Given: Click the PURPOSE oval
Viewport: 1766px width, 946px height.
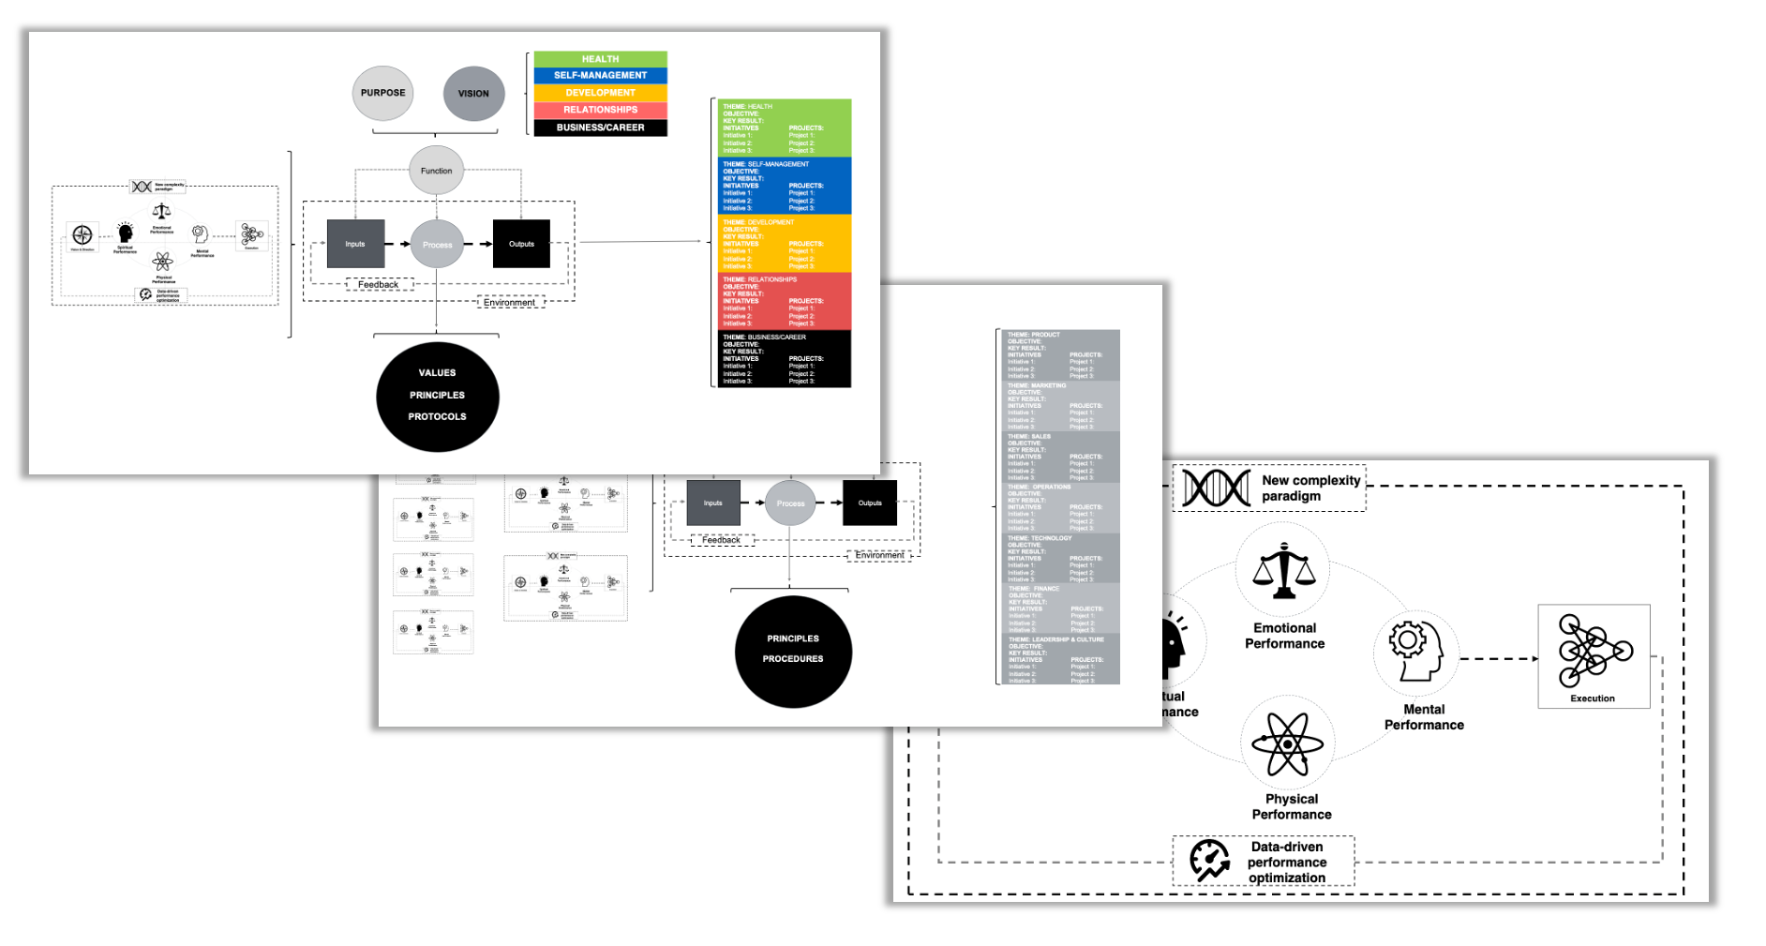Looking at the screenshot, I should tap(382, 93).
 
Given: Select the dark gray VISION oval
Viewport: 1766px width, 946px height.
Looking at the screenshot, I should tap(473, 93).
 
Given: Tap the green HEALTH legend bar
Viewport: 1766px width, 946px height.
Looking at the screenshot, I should tap(600, 59).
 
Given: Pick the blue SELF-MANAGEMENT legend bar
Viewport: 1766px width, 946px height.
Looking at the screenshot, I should tap(600, 75).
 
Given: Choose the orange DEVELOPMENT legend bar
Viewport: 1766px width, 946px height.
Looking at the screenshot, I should tap(600, 93).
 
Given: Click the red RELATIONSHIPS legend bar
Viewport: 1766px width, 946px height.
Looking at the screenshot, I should tap(600, 110).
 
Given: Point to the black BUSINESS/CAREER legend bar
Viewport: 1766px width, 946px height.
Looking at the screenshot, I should tap(600, 128).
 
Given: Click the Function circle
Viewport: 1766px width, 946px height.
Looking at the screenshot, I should tap(436, 171).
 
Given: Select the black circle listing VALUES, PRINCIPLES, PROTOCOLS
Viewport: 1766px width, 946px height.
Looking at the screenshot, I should tap(437, 396).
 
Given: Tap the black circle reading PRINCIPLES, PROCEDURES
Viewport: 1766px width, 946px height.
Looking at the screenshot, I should tap(793, 651).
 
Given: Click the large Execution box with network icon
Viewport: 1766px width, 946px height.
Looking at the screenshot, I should tap(1594, 655).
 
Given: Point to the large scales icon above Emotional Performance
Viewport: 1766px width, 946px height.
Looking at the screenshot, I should tap(1283, 571).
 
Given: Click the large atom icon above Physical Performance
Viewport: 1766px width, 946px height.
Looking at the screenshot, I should tap(1288, 743).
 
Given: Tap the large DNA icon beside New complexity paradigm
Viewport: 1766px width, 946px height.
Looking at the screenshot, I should tap(1216, 488).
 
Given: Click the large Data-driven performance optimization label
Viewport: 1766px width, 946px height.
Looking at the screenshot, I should tap(1286, 862).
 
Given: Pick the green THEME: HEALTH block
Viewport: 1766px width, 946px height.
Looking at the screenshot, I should tap(785, 128).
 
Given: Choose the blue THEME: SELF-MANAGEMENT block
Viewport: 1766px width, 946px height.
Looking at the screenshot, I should tap(785, 186).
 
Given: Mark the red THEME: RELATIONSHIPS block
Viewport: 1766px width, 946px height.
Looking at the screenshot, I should tap(785, 301).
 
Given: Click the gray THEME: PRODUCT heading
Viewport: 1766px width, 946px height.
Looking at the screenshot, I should tap(1034, 335).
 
